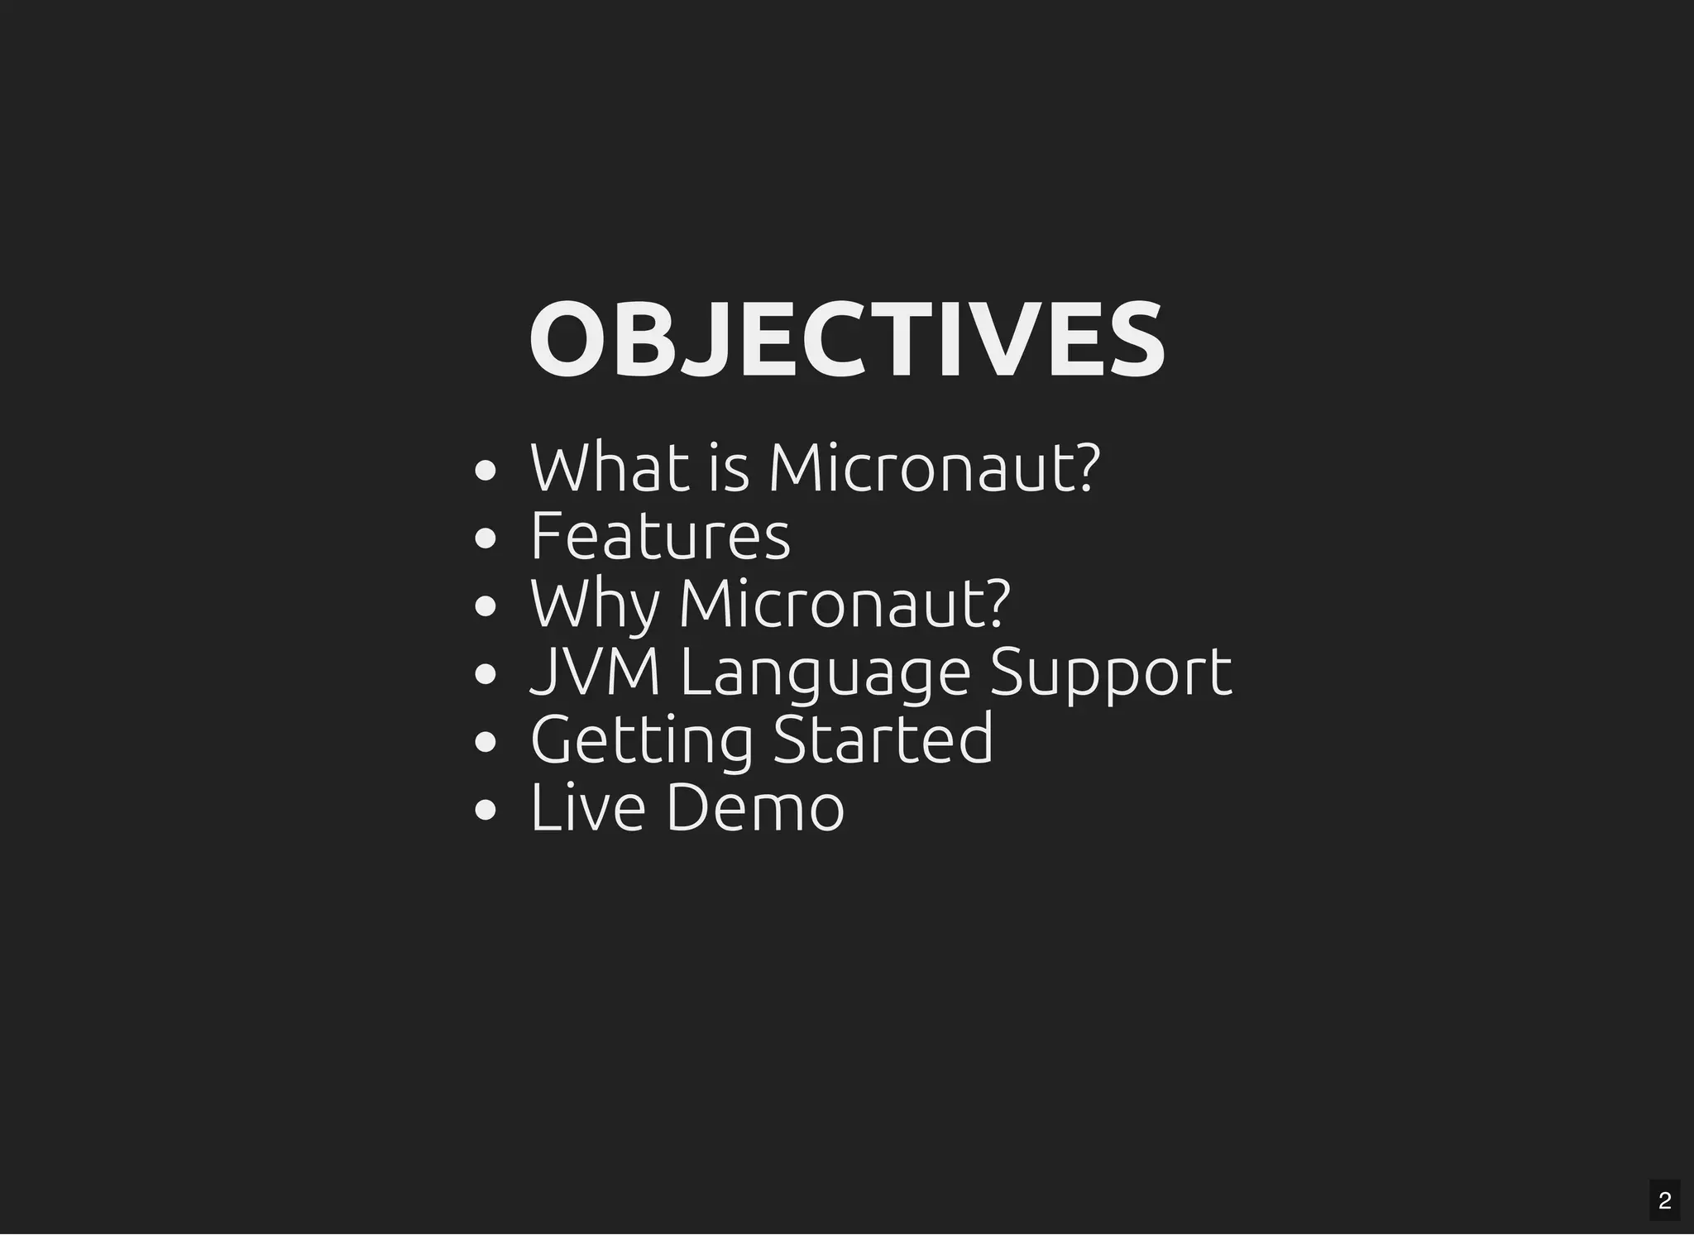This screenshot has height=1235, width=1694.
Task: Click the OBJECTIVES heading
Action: click(846, 341)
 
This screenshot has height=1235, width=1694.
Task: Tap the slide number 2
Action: click(1664, 1200)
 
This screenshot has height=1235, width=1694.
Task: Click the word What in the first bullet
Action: click(610, 468)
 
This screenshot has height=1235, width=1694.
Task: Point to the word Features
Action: click(660, 536)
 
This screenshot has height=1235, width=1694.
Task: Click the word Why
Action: click(595, 605)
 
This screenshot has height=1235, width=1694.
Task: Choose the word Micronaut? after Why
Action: click(845, 605)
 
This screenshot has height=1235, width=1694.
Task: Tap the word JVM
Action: click(595, 672)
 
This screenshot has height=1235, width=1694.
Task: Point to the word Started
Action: click(883, 739)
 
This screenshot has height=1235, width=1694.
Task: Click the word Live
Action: click(587, 807)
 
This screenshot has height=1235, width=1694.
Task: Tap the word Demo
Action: click(755, 807)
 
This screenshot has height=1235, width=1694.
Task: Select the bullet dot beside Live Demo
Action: click(486, 811)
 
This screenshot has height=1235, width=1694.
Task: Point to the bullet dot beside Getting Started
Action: click(486, 743)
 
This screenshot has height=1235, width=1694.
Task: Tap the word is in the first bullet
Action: click(729, 470)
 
